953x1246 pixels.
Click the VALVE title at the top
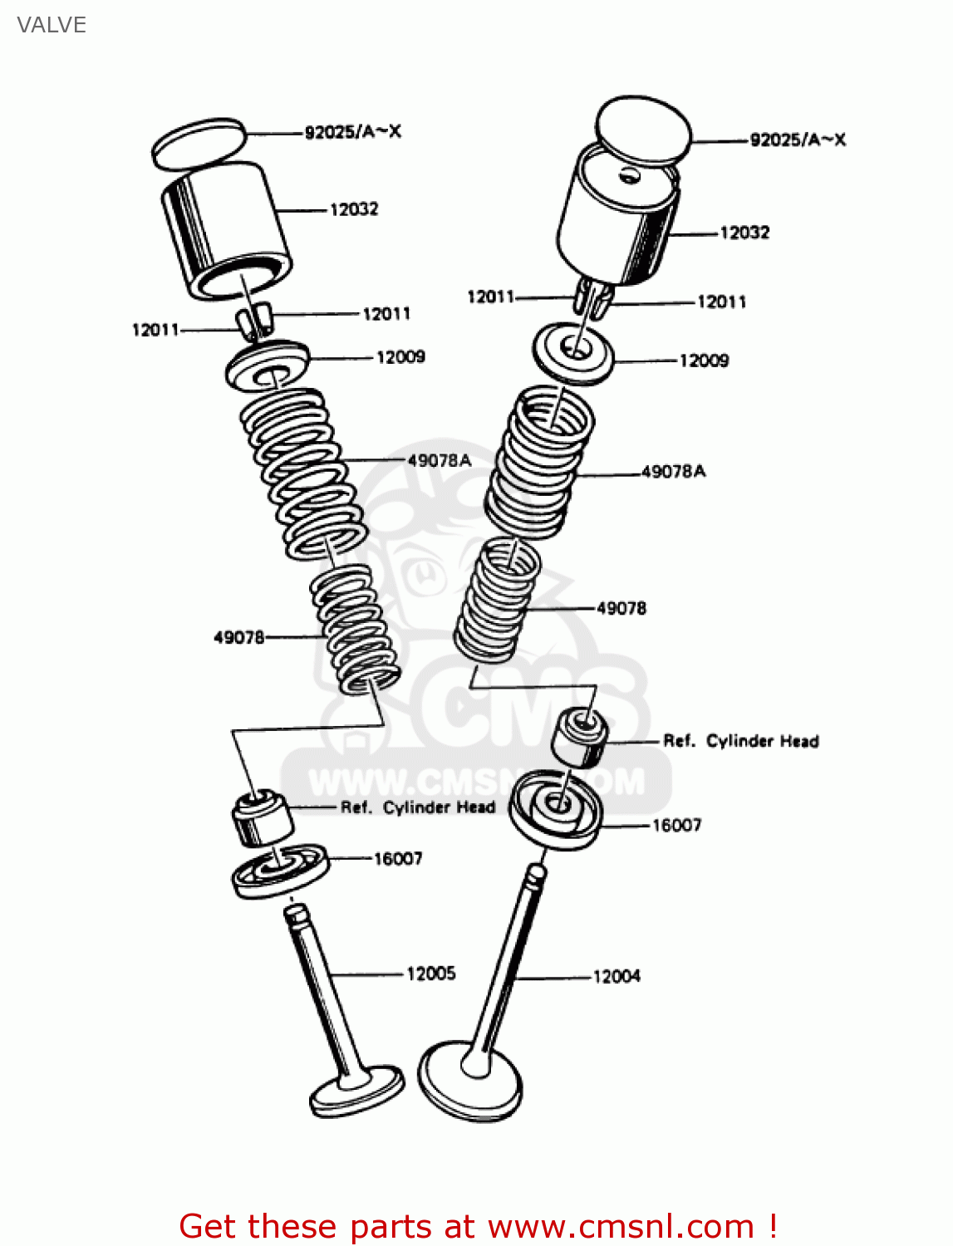coord(52,25)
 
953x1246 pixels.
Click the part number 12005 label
coord(430,974)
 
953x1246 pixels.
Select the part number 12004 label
coord(617,977)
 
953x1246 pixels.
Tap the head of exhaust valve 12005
coord(357,1091)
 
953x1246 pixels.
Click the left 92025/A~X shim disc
coord(199,143)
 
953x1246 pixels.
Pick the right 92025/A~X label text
coord(797,140)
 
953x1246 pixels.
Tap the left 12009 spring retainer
coord(267,365)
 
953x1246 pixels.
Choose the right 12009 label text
coord(704,361)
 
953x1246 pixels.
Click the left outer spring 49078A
coord(303,473)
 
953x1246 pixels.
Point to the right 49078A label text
coord(673,472)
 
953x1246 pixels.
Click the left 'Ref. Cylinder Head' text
coord(417,807)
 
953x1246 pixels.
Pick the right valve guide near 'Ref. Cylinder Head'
coord(580,734)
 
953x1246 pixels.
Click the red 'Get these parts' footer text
coord(478,1226)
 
